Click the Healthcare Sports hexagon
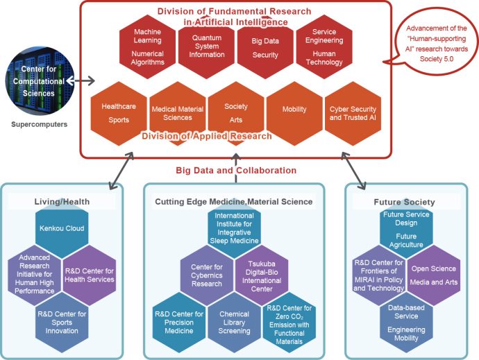[119, 112]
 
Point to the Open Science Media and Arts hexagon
[434, 274]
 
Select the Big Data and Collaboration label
[236, 170]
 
